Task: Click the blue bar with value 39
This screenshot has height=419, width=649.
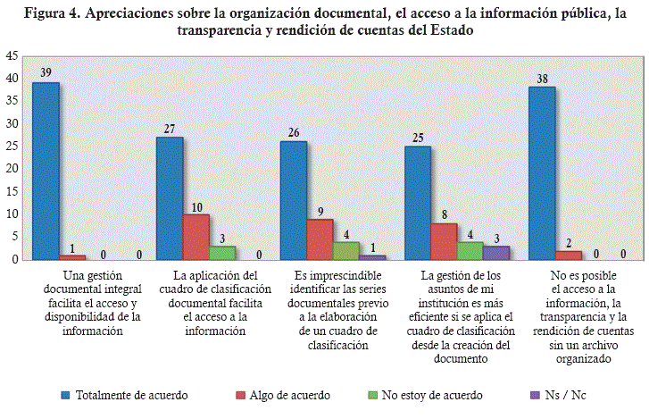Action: coord(45,171)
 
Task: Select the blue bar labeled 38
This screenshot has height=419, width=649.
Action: coord(542,173)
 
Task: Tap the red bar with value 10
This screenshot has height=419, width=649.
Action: coord(196,237)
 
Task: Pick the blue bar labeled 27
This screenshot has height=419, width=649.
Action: coord(170,198)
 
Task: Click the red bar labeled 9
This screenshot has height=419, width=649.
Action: coord(320,239)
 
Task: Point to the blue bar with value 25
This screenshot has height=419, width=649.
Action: coord(418,203)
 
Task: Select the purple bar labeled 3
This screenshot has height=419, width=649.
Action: coord(496,253)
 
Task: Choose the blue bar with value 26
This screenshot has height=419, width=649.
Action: coord(294,200)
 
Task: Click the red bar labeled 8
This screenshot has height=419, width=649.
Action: coord(445,241)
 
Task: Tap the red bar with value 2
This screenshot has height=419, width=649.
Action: coord(569,256)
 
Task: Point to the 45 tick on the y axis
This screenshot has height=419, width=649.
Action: coord(12,55)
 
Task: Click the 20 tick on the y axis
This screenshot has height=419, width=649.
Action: coord(12,169)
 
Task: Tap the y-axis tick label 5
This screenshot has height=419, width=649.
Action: coord(14,237)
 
